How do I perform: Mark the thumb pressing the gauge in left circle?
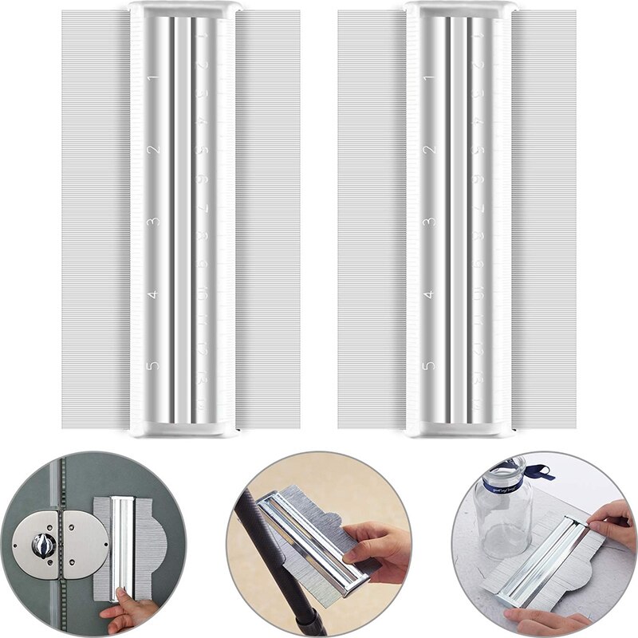[x=121, y=595]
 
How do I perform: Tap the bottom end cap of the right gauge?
[x=459, y=428]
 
